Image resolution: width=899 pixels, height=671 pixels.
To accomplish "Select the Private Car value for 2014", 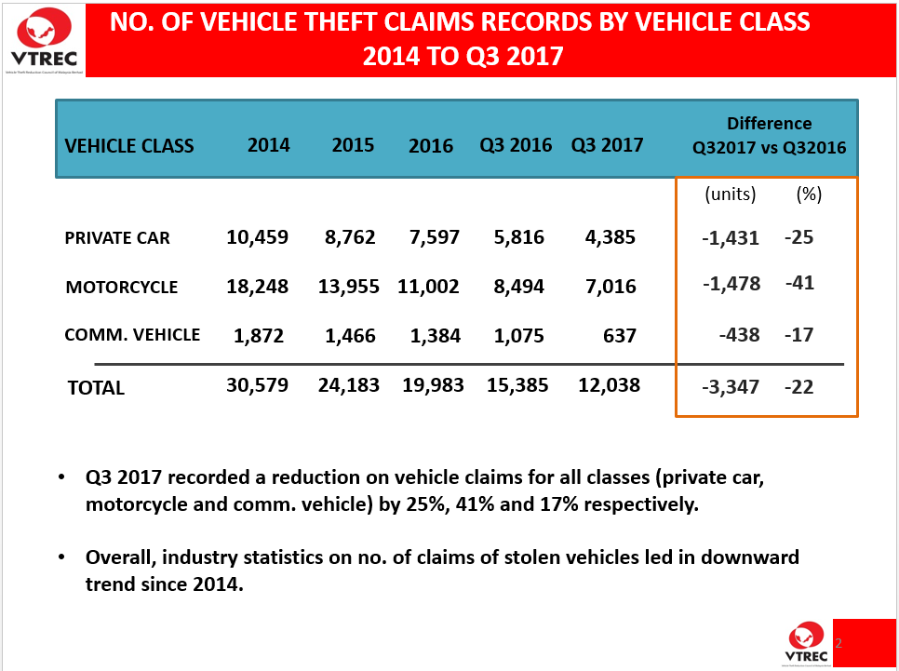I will click(x=257, y=237).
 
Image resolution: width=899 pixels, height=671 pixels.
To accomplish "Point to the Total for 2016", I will click(x=434, y=385).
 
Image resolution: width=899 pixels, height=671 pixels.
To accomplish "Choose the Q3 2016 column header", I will click(x=516, y=145).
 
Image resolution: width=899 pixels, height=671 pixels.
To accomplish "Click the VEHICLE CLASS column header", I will click(x=129, y=146).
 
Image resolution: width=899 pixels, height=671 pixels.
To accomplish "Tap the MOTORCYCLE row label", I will click(x=121, y=288).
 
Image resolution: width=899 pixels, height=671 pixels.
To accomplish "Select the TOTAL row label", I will click(x=96, y=388).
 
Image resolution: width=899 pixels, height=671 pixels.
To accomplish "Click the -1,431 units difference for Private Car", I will click(x=731, y=238).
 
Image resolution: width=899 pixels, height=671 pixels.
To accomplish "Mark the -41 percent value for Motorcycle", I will click(x=798, y=282).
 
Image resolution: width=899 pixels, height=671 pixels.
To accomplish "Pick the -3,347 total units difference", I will click(x=731, y=387).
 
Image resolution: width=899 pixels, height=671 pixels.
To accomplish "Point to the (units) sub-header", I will click(x=731, y=195).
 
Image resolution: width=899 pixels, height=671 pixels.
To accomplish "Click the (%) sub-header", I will click(x=809, y=195).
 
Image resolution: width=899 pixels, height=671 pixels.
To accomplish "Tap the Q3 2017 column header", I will click(x=607, y=145).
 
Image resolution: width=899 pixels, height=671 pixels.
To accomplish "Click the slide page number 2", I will click(x=839, y=643).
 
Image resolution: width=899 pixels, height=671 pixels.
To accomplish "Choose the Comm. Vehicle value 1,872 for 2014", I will click(x=260, y=335).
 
